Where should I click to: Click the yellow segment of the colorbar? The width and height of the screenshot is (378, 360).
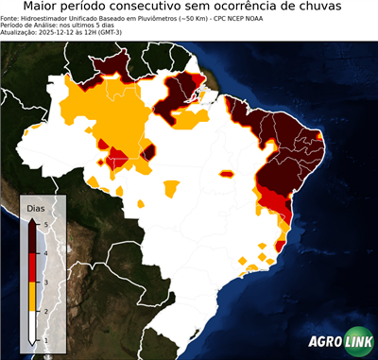tap(31, 296)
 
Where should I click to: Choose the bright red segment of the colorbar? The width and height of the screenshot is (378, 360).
tap(31, 267)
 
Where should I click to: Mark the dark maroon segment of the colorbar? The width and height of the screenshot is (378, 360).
tap(31, 238)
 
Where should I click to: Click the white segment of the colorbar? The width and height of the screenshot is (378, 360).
tap(31, 325)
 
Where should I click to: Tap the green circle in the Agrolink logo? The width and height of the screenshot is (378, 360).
tap(360, 342)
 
